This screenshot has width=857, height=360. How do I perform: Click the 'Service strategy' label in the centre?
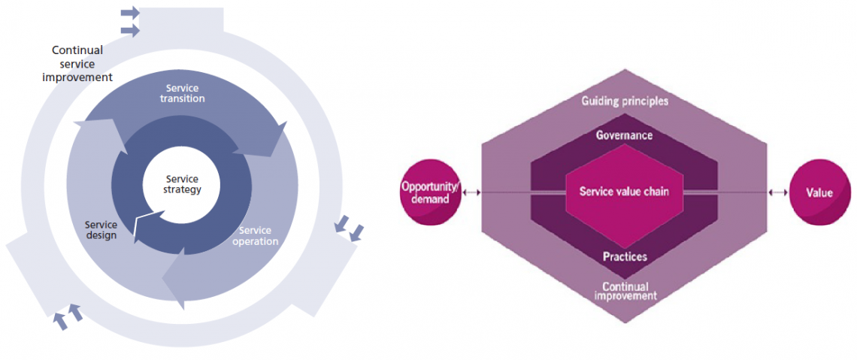pos(182,184)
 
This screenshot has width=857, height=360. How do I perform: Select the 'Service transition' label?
pos(184,93)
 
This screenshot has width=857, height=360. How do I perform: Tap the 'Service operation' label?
pos(256,236)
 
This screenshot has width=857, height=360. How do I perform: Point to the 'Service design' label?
pos(101,230)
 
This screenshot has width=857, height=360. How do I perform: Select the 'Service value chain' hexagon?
pos(624,192)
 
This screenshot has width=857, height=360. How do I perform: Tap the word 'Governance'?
pos(624,136)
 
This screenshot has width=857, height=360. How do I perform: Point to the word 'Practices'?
pos(625,257)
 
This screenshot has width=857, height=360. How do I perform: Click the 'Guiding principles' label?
pos(625,101)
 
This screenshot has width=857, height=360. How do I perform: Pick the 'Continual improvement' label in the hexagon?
pos(625,291)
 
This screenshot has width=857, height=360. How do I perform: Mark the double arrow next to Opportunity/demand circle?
pos(472,193)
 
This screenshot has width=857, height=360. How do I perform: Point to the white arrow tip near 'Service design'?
pos(137,222)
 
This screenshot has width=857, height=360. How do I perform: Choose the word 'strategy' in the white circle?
pos(182,189)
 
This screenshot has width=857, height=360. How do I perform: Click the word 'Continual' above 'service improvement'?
pos(77,51)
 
